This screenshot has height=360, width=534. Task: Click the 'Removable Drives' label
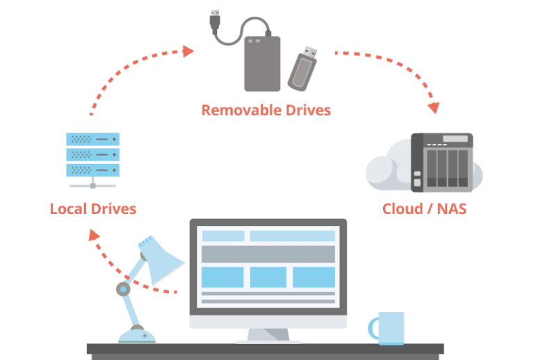(266, 110)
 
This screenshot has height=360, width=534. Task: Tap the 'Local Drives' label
(93, 208)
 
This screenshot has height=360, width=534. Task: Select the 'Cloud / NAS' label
(423, 208)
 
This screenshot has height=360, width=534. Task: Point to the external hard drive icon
(262, 63)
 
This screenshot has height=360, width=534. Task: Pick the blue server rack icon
(92, 155)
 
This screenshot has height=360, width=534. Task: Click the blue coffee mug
(389, 327)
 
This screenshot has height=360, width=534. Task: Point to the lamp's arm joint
(124, 288)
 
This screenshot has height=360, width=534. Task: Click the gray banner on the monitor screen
(268, 253)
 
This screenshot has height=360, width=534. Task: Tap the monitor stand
(268, 336)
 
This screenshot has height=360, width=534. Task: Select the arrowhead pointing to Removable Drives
(188, 51)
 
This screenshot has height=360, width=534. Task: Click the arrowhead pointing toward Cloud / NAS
(434, 108)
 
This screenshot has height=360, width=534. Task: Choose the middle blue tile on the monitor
(268, 277)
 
